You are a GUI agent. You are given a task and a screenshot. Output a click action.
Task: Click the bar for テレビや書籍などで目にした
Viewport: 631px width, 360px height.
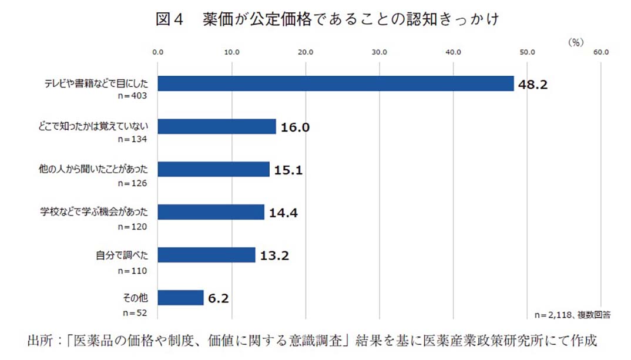click(335, 83)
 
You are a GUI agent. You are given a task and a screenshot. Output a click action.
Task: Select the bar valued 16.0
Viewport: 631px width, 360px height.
click(216, 126)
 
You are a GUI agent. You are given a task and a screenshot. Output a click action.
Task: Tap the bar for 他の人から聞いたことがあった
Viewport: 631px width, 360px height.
click(213, 169)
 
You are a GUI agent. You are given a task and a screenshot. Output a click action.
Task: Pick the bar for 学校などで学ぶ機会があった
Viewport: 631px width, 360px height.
click(211, 212)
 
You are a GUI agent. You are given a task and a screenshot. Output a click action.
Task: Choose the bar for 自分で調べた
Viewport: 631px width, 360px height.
click(206, 255)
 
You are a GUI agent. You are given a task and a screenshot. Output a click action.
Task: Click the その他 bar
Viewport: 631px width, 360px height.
click(180, 298)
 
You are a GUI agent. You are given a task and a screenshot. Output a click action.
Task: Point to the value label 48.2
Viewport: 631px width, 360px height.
click(532, 85)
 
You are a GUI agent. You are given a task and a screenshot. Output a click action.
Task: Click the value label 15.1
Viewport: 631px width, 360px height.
click(288, 170)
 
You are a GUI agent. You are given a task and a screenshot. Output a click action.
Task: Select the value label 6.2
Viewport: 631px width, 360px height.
click(218, 299)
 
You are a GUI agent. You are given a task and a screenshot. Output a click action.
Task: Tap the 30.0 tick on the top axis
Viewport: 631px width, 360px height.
click(380, 52)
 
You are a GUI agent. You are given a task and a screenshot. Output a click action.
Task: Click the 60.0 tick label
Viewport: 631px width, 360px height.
click(601, 52)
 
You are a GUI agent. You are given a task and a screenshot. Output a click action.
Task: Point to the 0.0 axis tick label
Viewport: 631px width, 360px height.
click(158, 52)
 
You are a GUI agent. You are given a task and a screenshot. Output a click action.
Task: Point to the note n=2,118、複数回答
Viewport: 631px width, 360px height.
click(572, 315)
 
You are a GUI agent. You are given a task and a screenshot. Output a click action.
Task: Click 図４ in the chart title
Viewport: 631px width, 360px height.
click(170, 19)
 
